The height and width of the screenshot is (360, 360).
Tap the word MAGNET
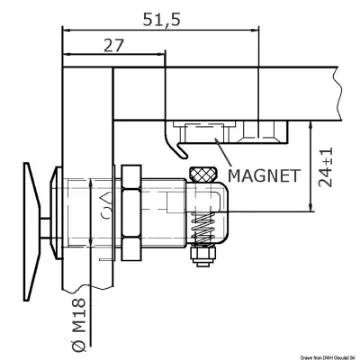[x=263, y=176]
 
